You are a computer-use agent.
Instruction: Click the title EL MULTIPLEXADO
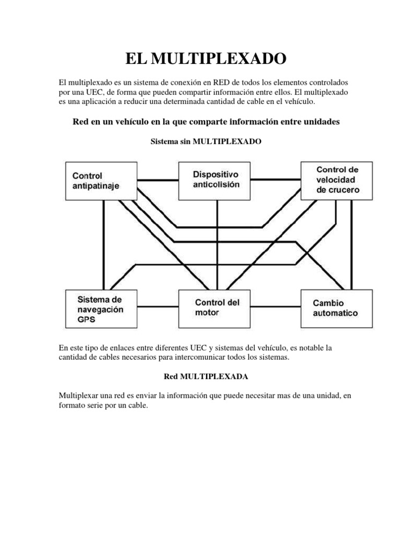point(206,58)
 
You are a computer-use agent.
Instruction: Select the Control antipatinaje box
point(99,181)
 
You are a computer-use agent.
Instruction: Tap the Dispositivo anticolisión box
point(217,180)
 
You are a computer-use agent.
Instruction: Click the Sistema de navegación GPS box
point(100,309)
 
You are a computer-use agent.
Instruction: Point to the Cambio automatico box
point(336,308)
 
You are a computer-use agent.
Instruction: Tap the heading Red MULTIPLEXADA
point(205,377)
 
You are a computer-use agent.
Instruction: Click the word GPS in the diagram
point(87,319)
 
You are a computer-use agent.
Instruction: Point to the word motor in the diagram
point(207,313)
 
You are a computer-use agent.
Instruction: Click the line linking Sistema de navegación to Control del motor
point(157,307)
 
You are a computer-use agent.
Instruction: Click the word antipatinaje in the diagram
point(96,186)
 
